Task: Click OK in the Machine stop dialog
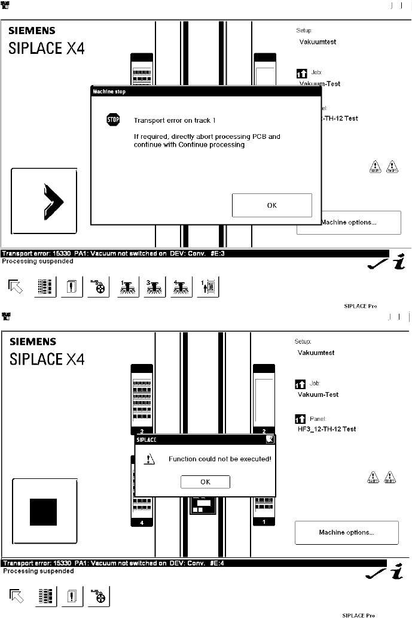pyautogui.click(x=271, y=205)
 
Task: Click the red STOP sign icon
pyautogui.click(x=113, y=120)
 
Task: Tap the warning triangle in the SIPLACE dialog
pyautogui.click(x=150, y=459)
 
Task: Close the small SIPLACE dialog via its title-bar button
pyautogui.click(x=270, y=439)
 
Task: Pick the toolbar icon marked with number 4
pyautogui.click(x=181, y=287)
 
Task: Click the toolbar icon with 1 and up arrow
pyautogui.click(x=209, y=287)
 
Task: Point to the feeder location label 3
pyautogui.click(x=142, y=431)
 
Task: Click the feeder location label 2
pyautogui.click(x=264, y=431)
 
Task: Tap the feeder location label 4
pyautogui.click(x=142, y=523)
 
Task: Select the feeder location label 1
pyautogui.click(x=264, y=523)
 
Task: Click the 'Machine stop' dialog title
pyautogui.click(x=109, y=92)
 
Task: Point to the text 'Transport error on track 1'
pyautogui.click(x=175, y=120)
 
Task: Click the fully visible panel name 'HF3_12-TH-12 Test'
pyautogui.click(x=326, y=429)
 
